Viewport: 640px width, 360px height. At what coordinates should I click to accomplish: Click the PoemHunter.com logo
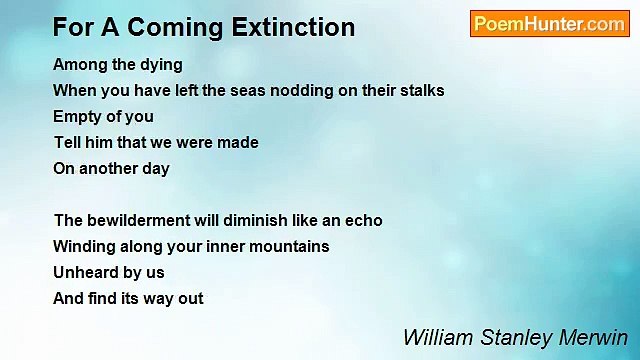(549, 25)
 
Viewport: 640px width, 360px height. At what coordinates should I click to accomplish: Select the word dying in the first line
(161, 65)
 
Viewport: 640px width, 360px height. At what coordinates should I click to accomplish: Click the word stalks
(420, 90)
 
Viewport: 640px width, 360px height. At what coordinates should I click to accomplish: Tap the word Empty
(77, 116)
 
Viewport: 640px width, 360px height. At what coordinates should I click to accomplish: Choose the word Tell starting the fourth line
(68, 142)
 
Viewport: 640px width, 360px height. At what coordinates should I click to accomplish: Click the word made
(239, 142)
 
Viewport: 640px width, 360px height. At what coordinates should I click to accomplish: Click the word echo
(363, 220)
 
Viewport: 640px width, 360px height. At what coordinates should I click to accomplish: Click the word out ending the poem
(189, 298)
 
